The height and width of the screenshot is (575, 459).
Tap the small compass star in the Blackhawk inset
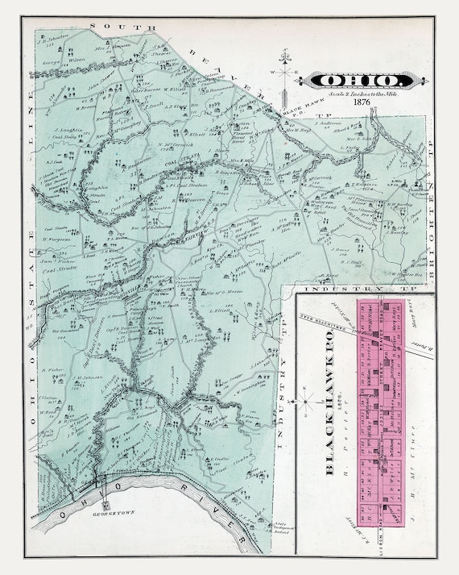tap(306, 398)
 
